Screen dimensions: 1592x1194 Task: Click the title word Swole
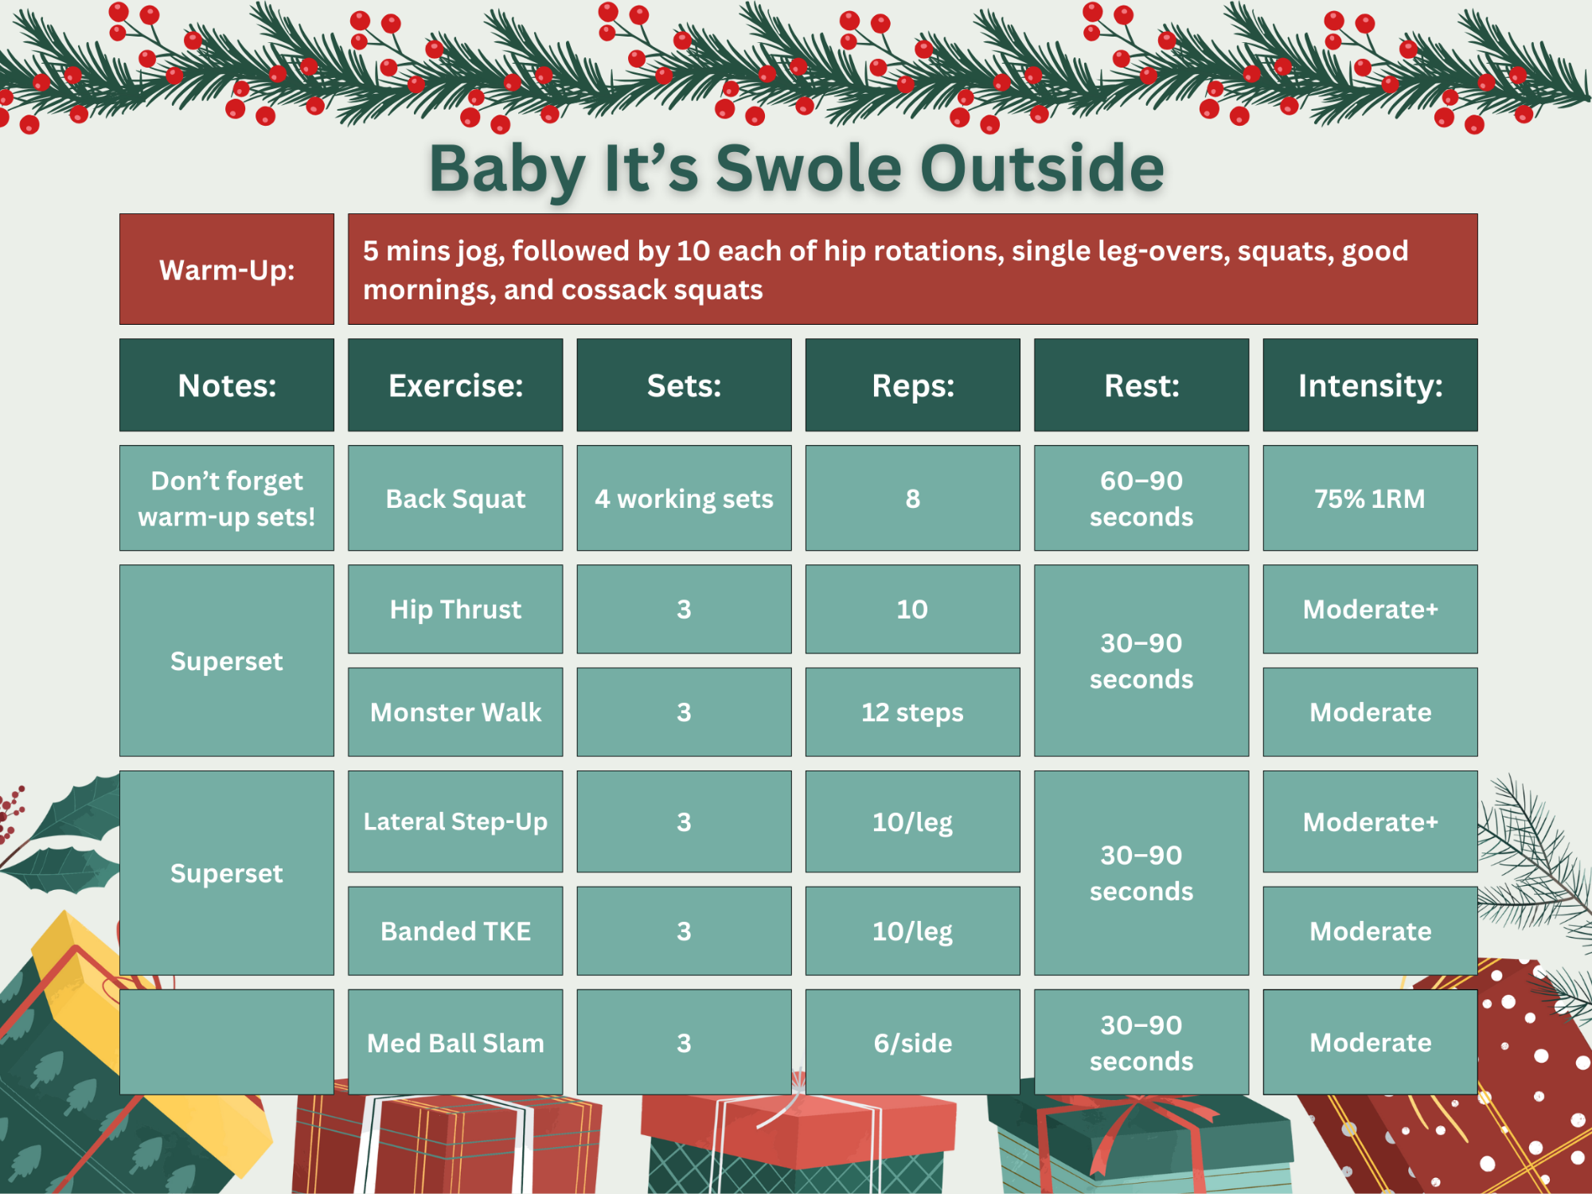[810, 169]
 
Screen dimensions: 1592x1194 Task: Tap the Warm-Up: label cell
[227, 269]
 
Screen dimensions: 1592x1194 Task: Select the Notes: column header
[227, 385]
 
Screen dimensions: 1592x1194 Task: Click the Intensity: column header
[1370, 385]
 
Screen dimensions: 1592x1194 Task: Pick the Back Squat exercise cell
[455, 498]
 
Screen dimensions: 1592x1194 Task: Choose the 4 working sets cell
[684, 498]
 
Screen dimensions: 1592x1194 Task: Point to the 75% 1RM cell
[1370, 498]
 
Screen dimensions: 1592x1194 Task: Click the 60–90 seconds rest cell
[1141, 498]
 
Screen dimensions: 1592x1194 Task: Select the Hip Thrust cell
[455, 609]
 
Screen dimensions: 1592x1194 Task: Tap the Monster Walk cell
[455, 712]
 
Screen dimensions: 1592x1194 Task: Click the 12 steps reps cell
[912, 712]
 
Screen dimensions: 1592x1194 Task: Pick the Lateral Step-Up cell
[455, 821]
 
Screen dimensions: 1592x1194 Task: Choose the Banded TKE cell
[455, 931]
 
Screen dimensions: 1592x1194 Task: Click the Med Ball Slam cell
[455, 1042]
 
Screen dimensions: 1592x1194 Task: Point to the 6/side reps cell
[912, 1042]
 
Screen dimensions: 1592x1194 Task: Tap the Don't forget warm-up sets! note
[227, 498]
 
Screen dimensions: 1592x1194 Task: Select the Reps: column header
[912, 385]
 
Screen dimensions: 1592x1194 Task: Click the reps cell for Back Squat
[912, 498]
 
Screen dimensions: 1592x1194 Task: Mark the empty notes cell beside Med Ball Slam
[227, 1042]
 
